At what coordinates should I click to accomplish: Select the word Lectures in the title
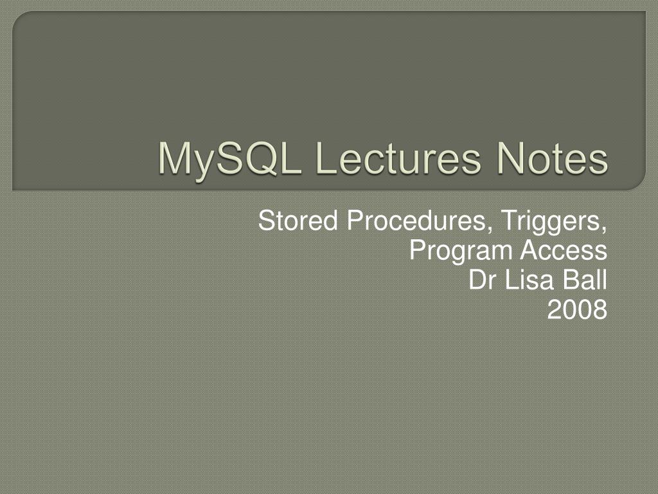tap(399, 159)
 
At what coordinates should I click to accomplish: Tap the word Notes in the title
tap(551, 159)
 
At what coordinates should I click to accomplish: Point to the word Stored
tap(299, 221)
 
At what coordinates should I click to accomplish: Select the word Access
tap(564, 250)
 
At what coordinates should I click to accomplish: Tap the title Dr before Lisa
tap(480, 280)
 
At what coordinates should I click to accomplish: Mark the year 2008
tap(577, 310)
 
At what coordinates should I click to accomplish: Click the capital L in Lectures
tap(325, 159)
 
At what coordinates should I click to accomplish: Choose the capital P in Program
tap(417, 250)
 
